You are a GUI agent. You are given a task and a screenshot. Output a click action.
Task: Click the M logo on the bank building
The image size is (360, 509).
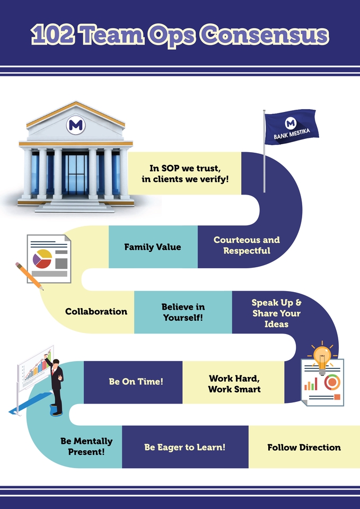click(x=75, y=125)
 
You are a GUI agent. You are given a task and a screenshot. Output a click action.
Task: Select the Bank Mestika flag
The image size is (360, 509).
click(x=291, y=128)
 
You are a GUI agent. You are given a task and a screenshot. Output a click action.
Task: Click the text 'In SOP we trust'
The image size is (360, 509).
click(x=185, y=168)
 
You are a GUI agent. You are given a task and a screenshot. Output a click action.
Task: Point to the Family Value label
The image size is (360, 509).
click(x=153, y=247)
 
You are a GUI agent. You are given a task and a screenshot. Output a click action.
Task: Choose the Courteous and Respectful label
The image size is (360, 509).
click(x=247, y=245)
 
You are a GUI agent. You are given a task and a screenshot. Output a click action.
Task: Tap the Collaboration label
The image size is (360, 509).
click(x=96, y=311)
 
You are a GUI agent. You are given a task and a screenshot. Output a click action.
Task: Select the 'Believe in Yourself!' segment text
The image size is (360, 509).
click(x=183, y=312)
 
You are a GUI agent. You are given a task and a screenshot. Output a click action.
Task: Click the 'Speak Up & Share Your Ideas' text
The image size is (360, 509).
click(x=276, y=313)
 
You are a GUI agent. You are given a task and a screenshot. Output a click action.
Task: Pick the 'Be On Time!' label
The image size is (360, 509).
click(x=136, y=381)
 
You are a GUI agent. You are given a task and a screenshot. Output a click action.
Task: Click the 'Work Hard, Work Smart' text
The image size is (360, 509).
click(x=234, y=383)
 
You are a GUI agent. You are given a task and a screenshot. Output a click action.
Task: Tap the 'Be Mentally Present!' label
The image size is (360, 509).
click(x=86, y=446)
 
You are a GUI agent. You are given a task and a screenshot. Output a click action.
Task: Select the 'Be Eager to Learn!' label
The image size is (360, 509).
click(x=185, y=447)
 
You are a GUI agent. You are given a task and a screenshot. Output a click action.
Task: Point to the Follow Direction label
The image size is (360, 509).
click(x=304, y=447)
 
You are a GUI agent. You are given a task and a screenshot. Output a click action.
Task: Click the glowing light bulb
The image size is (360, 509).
click(x=321, y=355)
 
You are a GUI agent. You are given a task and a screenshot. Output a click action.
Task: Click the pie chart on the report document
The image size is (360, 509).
click(x=42, y=258)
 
